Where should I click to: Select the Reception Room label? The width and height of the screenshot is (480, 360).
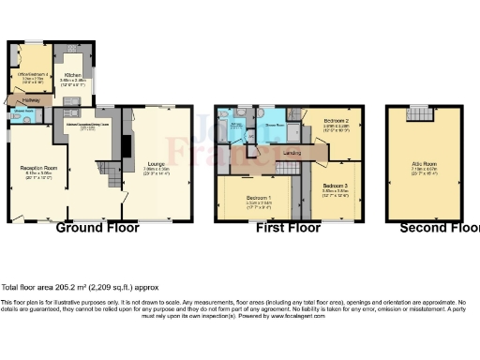point(34,168)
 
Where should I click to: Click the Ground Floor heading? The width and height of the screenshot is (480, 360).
point(99,228)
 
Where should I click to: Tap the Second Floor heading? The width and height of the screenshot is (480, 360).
point(439,228)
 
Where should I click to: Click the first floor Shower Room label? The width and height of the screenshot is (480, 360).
point(273,123)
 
